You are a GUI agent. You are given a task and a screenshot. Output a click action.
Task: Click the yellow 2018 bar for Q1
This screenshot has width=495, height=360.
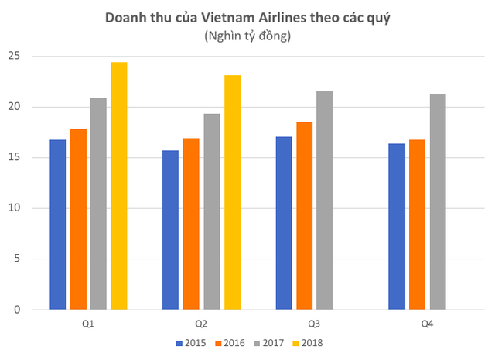click(x=118, y=186)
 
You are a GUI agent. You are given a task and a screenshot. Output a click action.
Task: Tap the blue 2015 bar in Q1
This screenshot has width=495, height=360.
click(x=58, y=225)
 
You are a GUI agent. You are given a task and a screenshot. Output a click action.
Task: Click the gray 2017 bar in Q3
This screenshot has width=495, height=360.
click(x=324, y=201)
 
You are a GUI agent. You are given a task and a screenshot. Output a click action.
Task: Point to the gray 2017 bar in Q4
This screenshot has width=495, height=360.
click(x=437, y=201)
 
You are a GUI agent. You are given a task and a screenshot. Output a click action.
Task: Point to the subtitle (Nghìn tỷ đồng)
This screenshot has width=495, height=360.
click(x=247, y=35)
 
